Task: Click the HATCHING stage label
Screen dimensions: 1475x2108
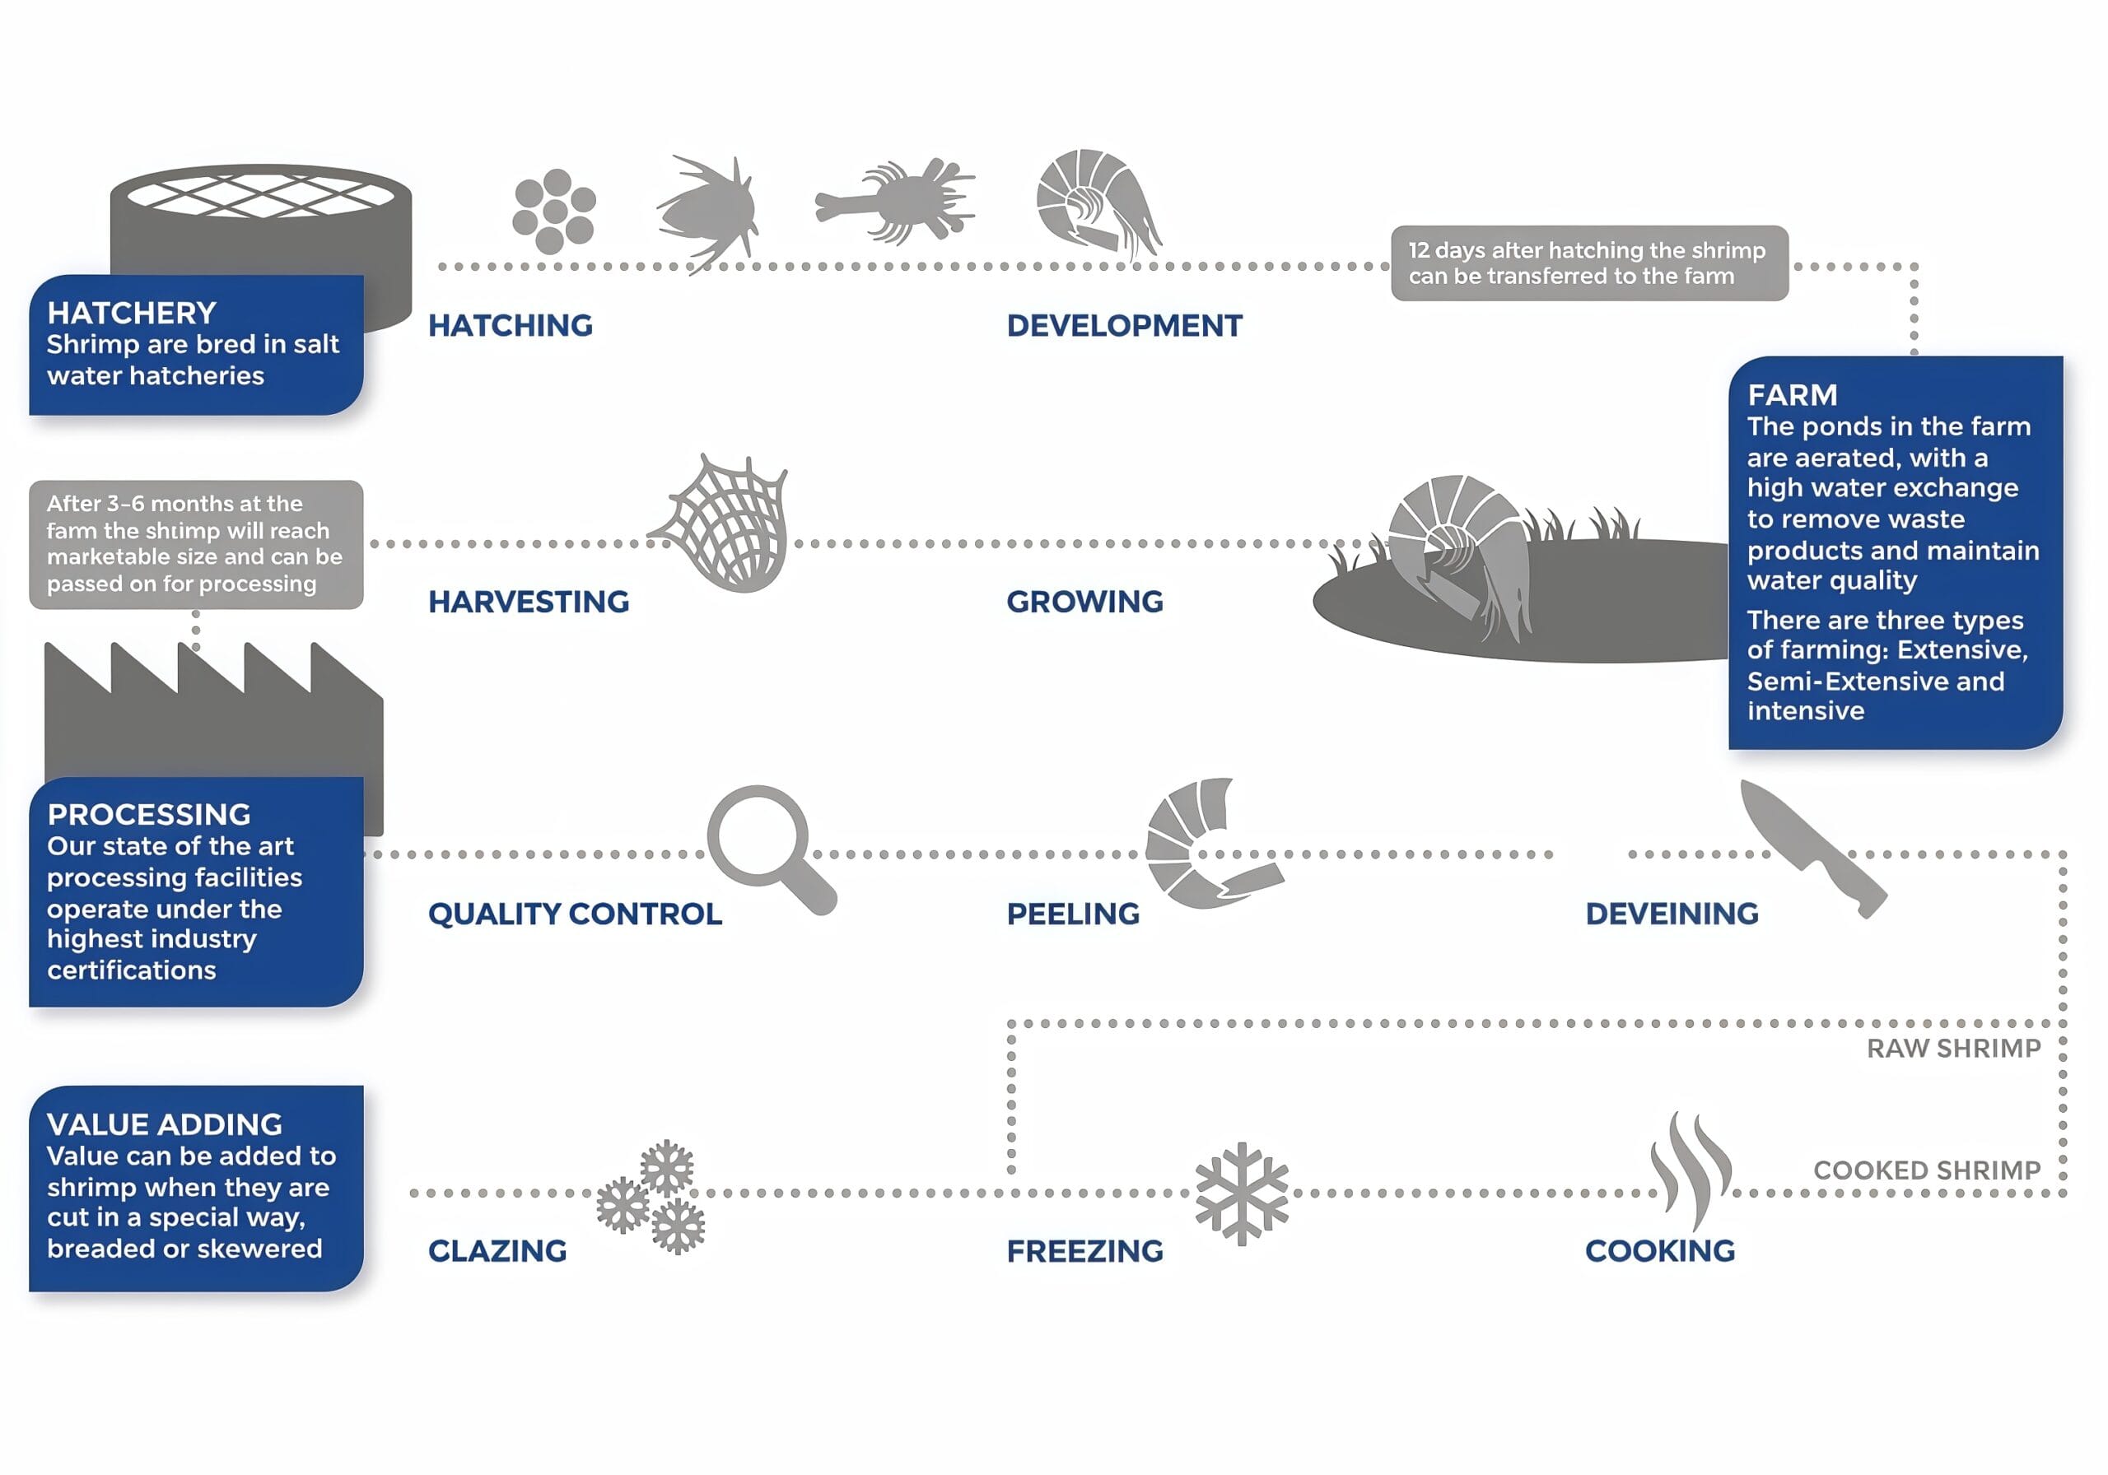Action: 511,326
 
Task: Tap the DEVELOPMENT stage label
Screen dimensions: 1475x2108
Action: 1124,326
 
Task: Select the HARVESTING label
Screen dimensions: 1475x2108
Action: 528,603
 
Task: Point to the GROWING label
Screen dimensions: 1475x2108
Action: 1084,603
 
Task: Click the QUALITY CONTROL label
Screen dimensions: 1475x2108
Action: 575,914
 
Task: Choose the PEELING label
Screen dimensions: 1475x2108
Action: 1072,914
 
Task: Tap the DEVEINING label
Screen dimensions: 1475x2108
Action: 1671,914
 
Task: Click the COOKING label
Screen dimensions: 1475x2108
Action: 1659,1251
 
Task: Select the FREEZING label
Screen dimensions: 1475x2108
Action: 1084,1251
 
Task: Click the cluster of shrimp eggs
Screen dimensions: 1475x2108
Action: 553,211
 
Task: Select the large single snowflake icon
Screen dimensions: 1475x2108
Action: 1241,1193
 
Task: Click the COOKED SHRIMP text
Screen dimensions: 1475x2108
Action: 1926,1170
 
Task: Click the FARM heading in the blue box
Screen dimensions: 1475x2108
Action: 1791,396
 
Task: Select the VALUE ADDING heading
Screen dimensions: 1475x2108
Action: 165,1124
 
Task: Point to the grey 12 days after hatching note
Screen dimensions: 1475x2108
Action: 1588,263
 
